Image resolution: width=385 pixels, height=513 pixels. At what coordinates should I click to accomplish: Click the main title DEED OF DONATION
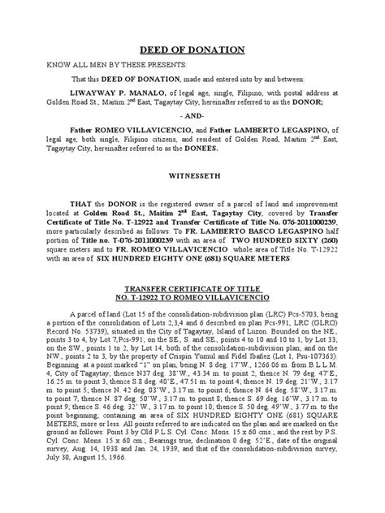[192, 46]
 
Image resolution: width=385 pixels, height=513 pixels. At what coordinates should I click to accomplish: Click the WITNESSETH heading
[192, 173]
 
